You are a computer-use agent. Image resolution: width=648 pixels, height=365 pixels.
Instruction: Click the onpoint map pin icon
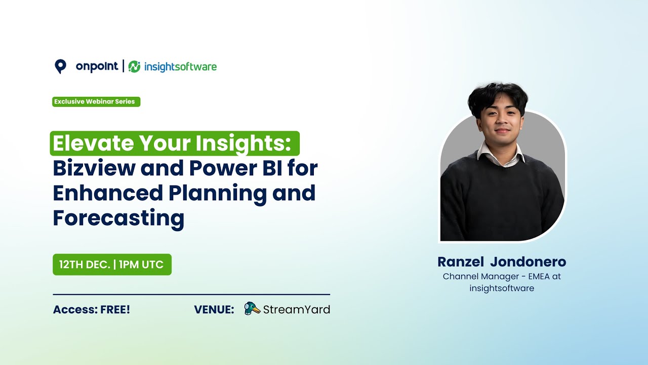tap(60, 66)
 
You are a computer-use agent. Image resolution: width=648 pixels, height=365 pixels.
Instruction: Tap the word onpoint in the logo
tap(97, 66)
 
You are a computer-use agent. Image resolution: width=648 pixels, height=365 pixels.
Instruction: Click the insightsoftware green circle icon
tap(134, 67)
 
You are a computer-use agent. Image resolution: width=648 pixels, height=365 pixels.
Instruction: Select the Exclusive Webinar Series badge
tap(96, 101)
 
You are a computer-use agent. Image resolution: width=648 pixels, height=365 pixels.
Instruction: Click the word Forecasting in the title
tap(118, 218)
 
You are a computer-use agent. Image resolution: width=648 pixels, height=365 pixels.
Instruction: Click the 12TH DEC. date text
tap(84, 265)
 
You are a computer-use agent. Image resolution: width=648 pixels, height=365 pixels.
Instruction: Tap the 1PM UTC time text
tap(141, 265)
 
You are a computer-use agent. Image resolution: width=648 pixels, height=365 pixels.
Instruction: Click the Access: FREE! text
tap(92, 310)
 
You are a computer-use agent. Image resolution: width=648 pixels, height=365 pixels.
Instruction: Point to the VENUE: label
tap(214, 310)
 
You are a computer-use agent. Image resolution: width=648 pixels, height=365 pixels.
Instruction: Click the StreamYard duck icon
tap(252, 309)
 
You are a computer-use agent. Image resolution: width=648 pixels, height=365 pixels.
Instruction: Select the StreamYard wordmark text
tap(297, 310)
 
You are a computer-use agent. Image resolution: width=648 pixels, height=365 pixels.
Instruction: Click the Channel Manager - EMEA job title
tap(502, 277)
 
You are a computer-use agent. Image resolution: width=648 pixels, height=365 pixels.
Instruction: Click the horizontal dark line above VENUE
tap(191, 295)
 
